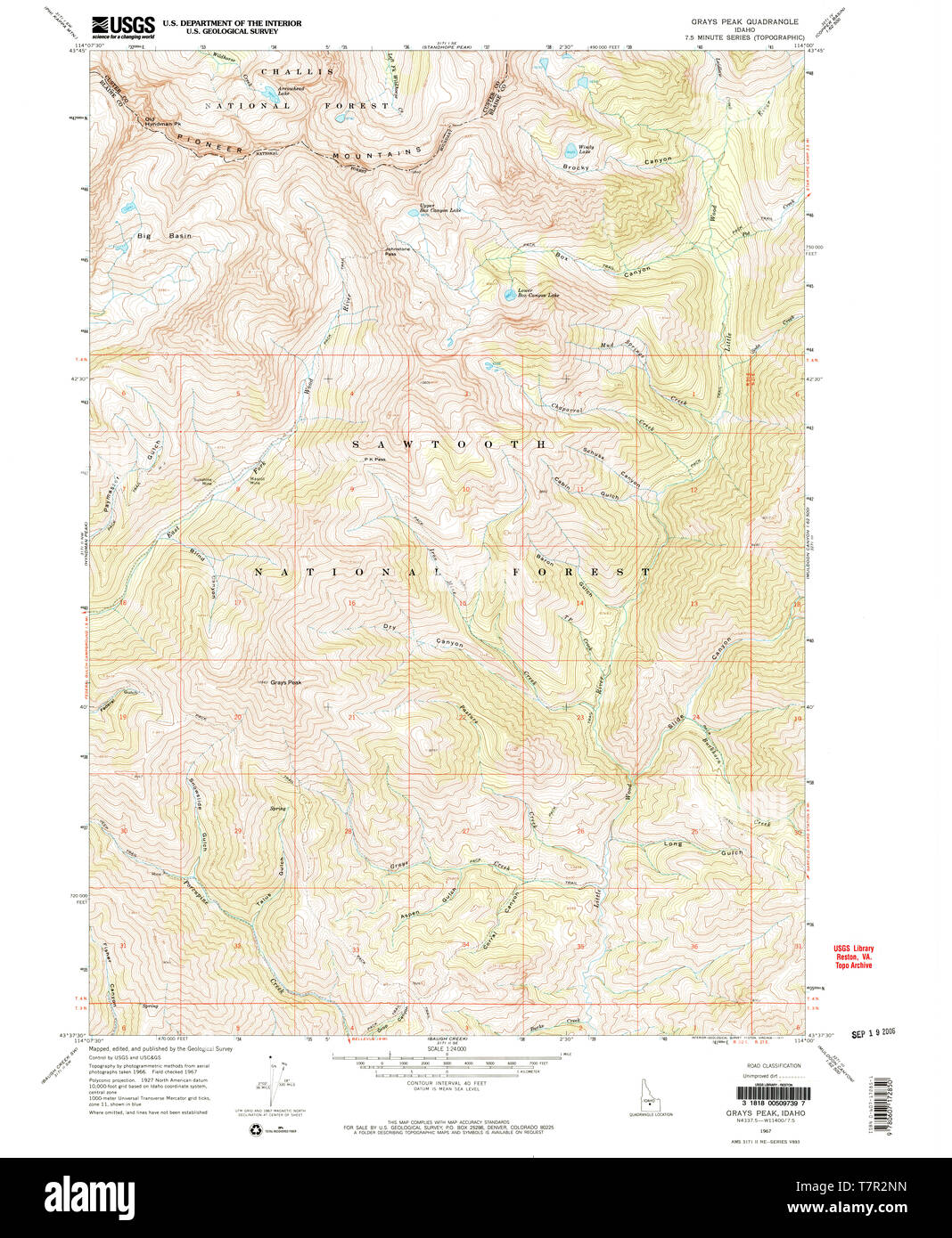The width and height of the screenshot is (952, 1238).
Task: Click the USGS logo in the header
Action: [x=122, y=26]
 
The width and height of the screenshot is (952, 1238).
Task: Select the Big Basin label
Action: [x=164, y=236]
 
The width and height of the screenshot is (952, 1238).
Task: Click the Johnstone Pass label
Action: [x=397, y=251]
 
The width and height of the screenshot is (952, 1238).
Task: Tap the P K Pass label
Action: [x=374, y=460]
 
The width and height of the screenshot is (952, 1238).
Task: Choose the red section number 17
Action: [x=237, y=603]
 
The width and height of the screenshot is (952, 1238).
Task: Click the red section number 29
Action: [x=237, y=831]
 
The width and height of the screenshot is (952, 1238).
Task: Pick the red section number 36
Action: [x=694, y=946]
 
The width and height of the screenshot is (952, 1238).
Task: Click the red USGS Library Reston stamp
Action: [x=853, y=957]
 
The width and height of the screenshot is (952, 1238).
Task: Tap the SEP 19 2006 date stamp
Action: [x=873, y=1033]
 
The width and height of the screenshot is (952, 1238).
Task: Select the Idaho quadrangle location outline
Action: [x=638, y=1094]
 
